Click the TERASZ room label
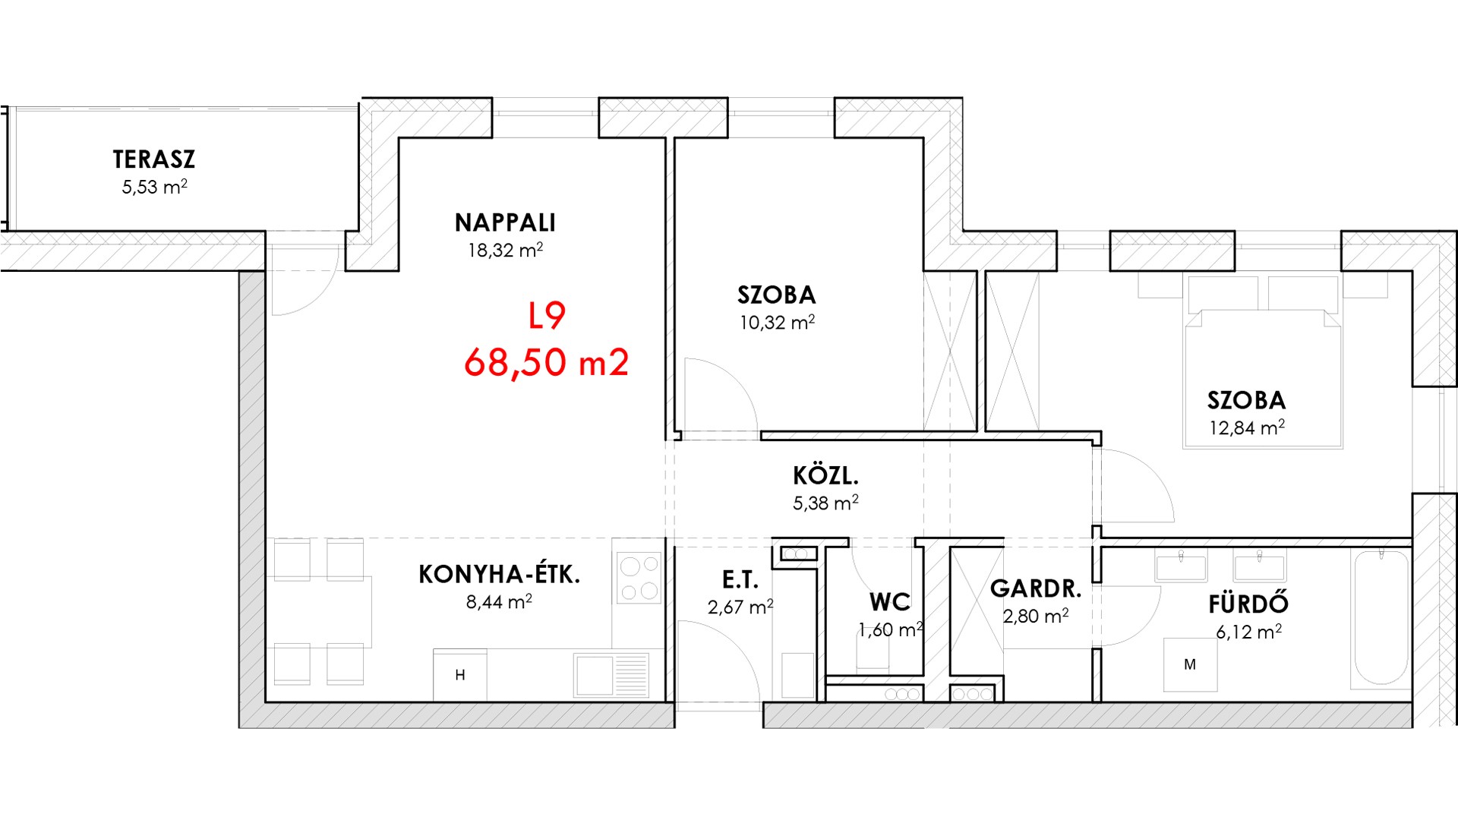[x=154, y=159]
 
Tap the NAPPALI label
[x=505, y=222]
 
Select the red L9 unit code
[x=547, y=317]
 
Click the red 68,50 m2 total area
[x=547, y=362]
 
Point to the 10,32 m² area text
[x=777, y=323]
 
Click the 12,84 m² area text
[x=1247, y=427]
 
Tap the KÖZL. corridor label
[x=825, y=475]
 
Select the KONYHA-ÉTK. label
[x=499, y=574]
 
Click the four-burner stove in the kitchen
[x=639, y=578]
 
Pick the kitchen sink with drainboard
[x=611, y=675]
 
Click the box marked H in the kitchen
[x=460, y=675]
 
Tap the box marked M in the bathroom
[x=1190, y=665]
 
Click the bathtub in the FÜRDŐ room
[x=1381, y=619]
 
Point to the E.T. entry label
[x=740, y=581]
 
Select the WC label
[x=890, y=602]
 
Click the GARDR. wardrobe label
[x=1036, y=588]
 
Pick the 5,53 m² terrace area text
[x=154, y=187]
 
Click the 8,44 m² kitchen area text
[x=499, y=602]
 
